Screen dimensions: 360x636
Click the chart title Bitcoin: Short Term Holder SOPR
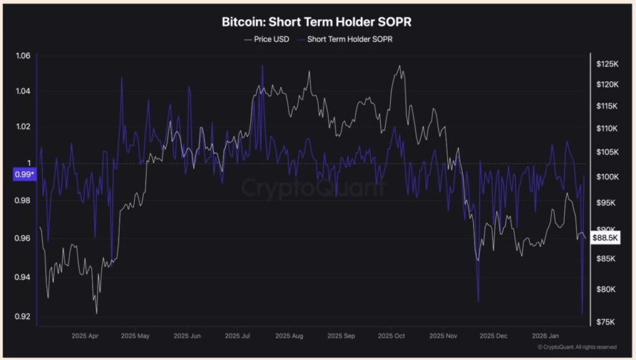tap(317, 22)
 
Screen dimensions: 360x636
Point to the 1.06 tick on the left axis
tap(22, 56)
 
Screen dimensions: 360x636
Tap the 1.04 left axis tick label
tap(22, 92)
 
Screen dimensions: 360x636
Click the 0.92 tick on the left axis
tap(22, 317)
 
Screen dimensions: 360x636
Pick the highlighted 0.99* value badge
tap(24, 175)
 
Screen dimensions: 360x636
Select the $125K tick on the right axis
tap(606, 64)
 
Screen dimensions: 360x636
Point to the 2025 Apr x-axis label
tap(86, 336)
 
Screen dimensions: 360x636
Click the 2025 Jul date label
tap(237, 336)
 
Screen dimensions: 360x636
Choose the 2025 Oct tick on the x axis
tap(391, 336)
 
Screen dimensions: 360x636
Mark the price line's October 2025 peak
tap(399, 66)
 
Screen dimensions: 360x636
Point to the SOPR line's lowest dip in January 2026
tap(582, 313)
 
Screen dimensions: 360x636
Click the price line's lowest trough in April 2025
tap(96, 313)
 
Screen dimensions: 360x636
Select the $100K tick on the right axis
tap(606, 177)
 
